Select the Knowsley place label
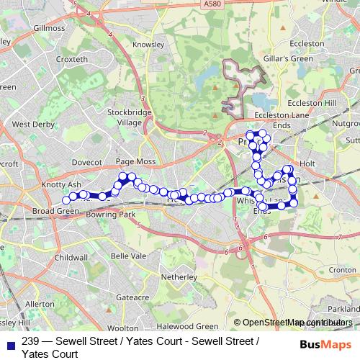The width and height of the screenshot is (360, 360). pyautogui.click(x=149, y=45)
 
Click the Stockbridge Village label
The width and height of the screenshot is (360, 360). pyautogui.click(x=125, y=117)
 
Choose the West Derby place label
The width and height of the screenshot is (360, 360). pyautogui.click(x=32, y=124)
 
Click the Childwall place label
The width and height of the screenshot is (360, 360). pyautogui.click(x=70, y=256)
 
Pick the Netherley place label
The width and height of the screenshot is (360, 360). pyautogui.click(x=179, y=276)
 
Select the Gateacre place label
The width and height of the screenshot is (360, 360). pyautogui.click(x=132, y=297)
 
